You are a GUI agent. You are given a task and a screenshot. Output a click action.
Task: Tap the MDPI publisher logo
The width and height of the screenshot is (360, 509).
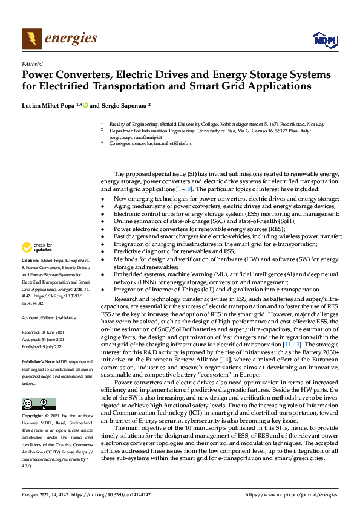coord(323,40)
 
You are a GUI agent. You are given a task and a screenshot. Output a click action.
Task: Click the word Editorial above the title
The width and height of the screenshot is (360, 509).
coord(31,63)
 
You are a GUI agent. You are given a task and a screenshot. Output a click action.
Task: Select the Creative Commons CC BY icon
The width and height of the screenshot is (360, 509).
coord(39,404)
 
